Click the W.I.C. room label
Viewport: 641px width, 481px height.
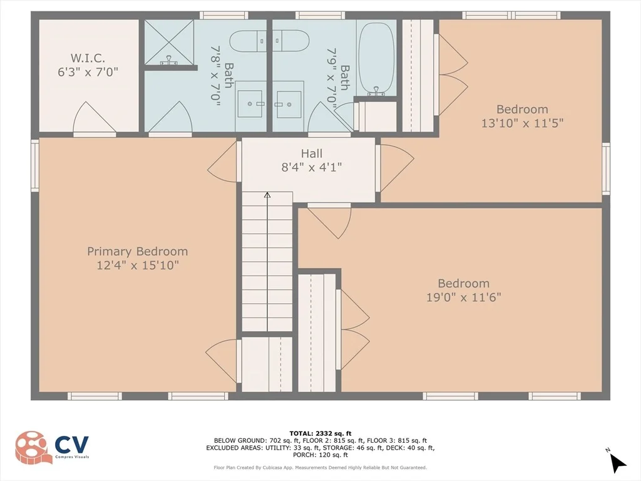click(88, 58)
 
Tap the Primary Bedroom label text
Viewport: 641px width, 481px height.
click(137, 251)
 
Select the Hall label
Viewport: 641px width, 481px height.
click(312, 153)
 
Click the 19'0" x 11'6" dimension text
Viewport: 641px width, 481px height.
click(464, 297)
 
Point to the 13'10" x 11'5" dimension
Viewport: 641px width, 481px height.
click(522, 123)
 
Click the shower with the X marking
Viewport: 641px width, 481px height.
click(169, 42)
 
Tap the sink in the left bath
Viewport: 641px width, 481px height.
click(250, 104)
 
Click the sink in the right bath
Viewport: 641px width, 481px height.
click(288, 104)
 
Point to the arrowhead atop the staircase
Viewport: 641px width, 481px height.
click(267, 195)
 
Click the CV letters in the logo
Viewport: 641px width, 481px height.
click(72, 444)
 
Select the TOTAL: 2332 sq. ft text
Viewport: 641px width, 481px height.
click(320, 433)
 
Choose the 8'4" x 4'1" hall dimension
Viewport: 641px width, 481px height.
click(312, 167)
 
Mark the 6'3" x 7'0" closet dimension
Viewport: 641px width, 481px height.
click(88, 72)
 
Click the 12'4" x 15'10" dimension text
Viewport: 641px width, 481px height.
click(138, 266)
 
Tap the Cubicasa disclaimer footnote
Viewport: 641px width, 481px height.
click(320, 467)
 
